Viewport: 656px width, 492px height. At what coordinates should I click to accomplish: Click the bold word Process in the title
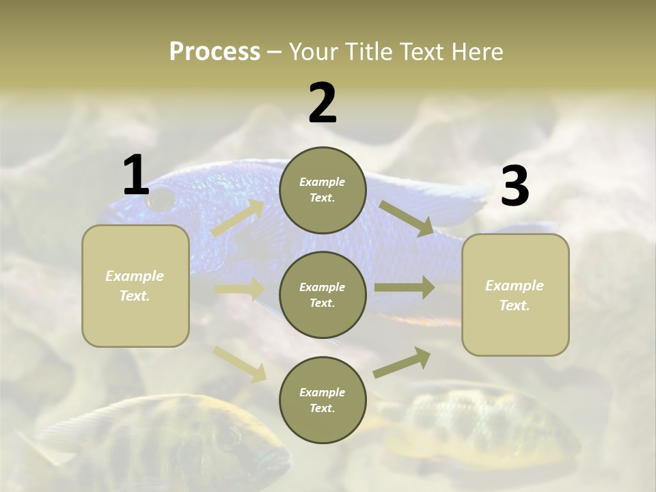coord(215,52)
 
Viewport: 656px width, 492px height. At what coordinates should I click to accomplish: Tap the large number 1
coord(136,175)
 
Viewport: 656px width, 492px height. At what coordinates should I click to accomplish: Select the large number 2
coord(323,103)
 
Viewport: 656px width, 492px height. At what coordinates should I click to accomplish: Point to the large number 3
coord(515,187)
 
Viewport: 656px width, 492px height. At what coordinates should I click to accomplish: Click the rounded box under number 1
coord(135,286)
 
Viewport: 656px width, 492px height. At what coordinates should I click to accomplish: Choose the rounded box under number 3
coord(515,295)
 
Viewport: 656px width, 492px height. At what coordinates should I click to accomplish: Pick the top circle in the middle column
coord(323,190)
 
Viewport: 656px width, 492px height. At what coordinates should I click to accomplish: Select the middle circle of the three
coord(323,295)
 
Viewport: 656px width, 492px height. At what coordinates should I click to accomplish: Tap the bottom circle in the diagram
coord(323,400)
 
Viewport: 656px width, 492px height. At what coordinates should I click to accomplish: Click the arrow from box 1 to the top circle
coord(238,217)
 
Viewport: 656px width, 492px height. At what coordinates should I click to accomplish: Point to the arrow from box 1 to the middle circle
coord(240,289)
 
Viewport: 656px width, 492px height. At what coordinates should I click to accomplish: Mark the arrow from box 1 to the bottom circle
coord(240,364)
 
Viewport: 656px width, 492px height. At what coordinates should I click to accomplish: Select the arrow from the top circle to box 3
coord(407,218)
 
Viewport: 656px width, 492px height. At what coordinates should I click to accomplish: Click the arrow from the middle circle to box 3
coord(405,288)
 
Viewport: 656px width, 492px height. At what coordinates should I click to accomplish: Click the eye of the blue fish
coord(162,200)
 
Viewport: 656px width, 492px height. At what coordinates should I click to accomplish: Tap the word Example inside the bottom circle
coord(322,392)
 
